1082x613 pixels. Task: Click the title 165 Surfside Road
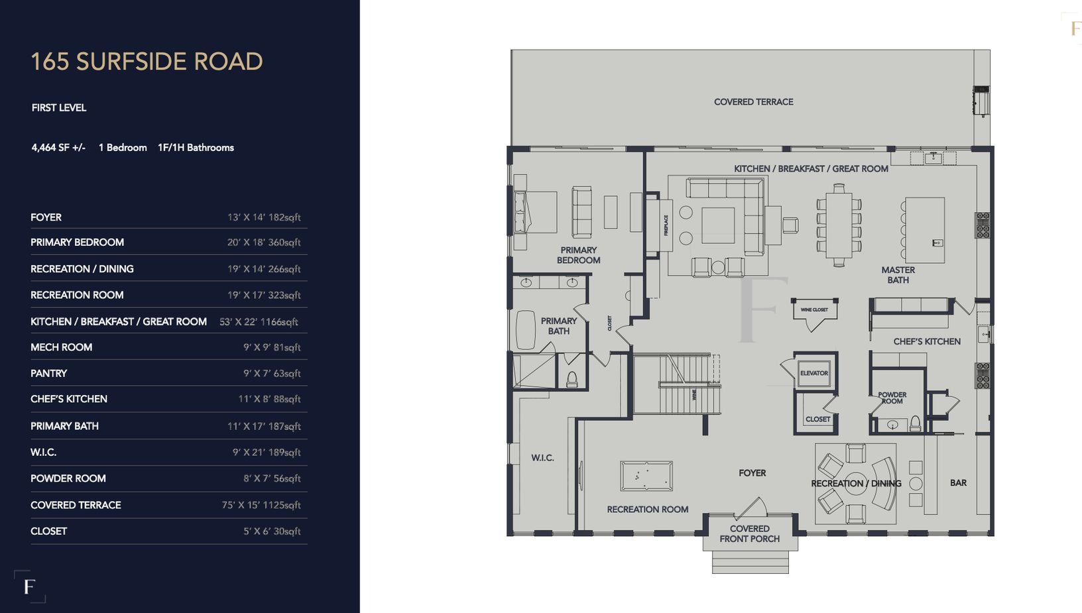pyautogui.click(x=147, y=62)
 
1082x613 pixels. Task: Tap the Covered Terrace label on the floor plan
pyautogui.click(x=753, y=102)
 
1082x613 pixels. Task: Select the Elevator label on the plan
pyautogui.click(x=813, y=373)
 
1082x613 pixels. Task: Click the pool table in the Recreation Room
pyautogui.click(x=646, y=476)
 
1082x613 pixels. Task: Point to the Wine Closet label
pyautogui.click(x=814, y=309)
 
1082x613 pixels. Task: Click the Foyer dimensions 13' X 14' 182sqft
pyautogui.click(x=264, y=217)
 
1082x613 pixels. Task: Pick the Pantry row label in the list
pyautogui.click(x=48, y=373)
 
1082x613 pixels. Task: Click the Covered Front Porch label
pyautogui.click(x=749, y=533)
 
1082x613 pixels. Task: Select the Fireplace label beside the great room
pyautogui.click(x=666, y=225)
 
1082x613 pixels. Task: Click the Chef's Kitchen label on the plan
pyautogui.click(x=926, y=341)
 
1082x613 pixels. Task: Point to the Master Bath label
pyautogui.click(x=898, y=275)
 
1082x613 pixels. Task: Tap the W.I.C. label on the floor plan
pyautogui.click(x=542, y=458)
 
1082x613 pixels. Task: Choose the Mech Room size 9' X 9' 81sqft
pyautogui.click(x=272, y=347)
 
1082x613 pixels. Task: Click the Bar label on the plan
pyautogui.click(x=958, y=483)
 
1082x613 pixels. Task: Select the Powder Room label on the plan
pyautogui.click(x=892, y=398)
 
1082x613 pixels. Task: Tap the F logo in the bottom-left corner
pyautogui.click(x=29, y=586)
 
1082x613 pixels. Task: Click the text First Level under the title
pyautogui.click(x=59, y=107)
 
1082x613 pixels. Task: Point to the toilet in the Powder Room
pyautogui.click(x=915, y=423)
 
